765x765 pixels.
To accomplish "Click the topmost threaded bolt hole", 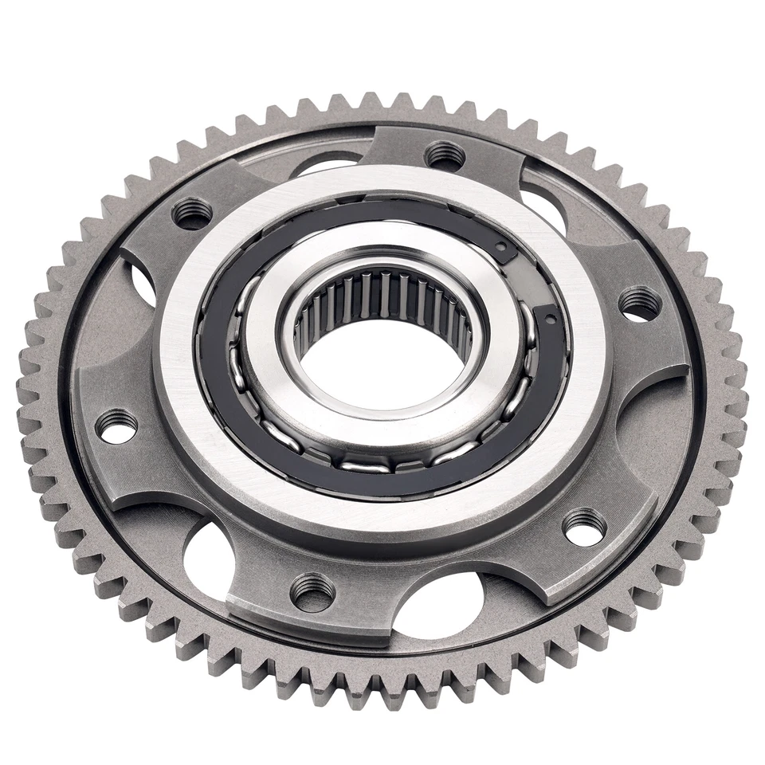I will click(445, 154).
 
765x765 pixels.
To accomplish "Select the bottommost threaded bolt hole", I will click(312, 592).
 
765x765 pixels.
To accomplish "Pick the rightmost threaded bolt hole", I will click(640, 304).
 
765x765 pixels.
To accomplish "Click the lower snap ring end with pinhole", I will click(549, 320).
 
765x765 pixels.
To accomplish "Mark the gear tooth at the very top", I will click(369, 102).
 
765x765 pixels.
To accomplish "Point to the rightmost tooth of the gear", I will click(737, 375).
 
